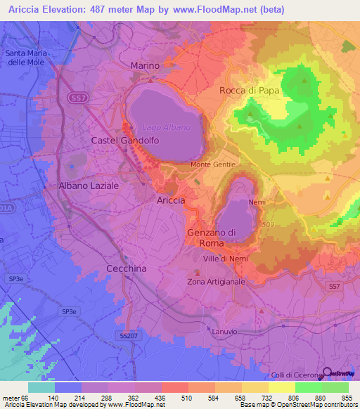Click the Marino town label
click(x=146, y=65)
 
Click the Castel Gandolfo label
click(x=125, y=141)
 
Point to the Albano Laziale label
click(x=89, y=186)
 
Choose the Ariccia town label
click(x=170, y=200)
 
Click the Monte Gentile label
click(x=213, y=164)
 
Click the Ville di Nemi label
click(x=223, y=259)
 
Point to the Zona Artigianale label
click(x=216, y=282)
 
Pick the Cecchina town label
click(x=125, y=268)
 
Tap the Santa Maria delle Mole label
click(x=26, y=58)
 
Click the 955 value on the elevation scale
click(x=347, y=397)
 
